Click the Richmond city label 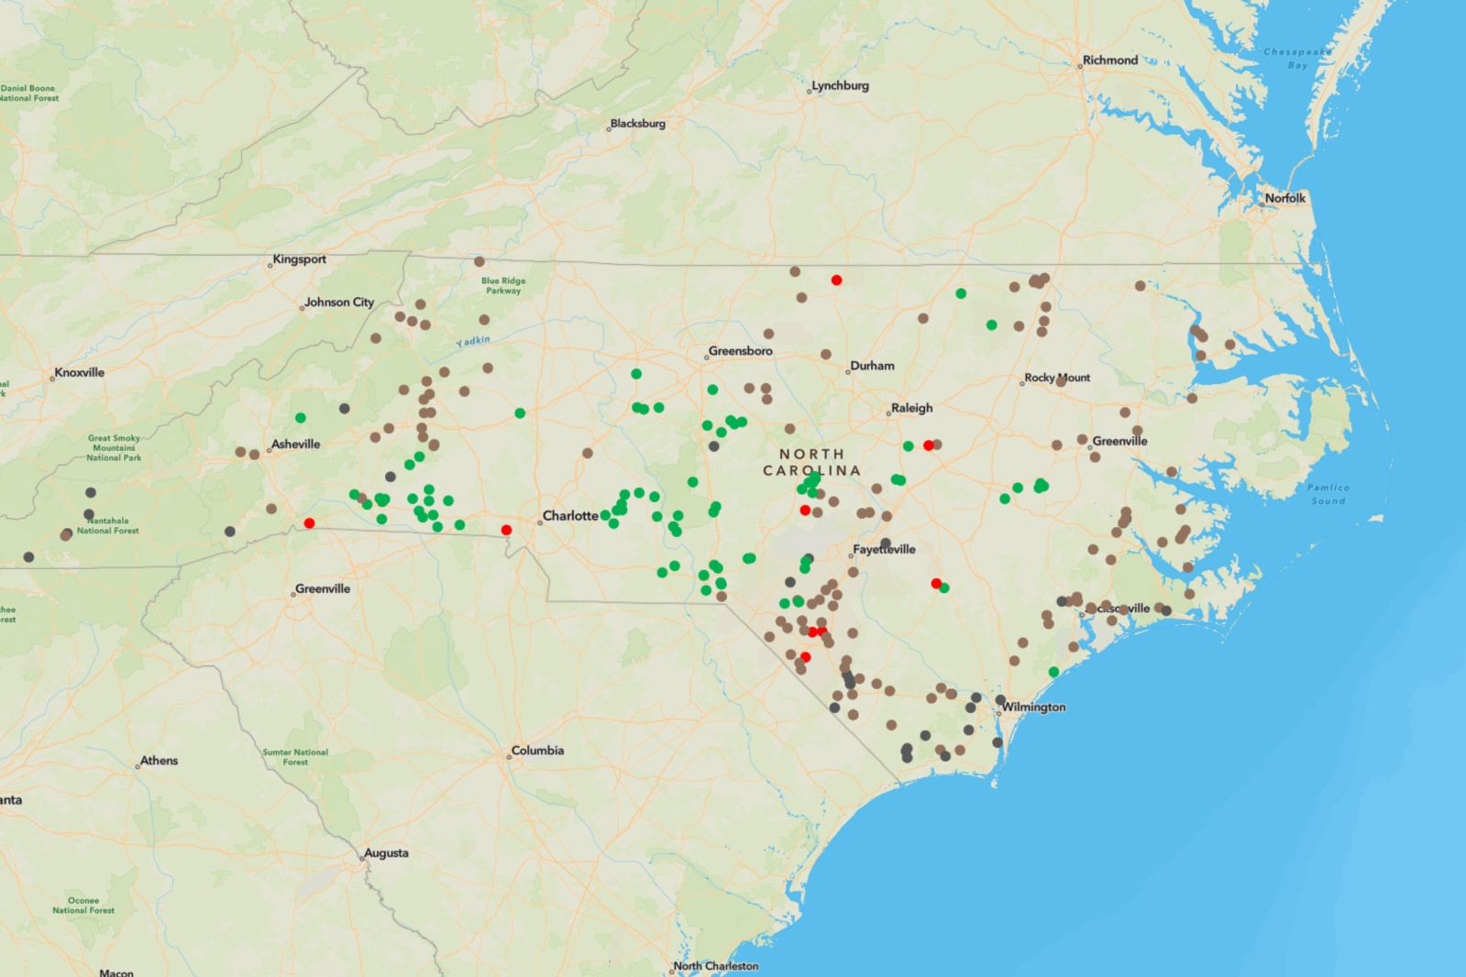coord(1109,60)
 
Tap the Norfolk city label coord(1284,198)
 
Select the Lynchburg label coord(840,85)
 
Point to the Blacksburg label coord(637,124)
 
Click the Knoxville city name coord(79,372)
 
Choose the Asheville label coord(295,445)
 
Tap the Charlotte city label coord(570,516)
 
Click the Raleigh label coord(911,408)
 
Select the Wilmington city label coord(1033,707)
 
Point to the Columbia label coord(537,751)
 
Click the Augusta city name coord(386,853)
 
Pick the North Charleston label coord(715,966)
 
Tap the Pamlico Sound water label coord(1328,494)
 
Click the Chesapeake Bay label coord(1297,59)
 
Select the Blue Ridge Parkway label coord(503,286)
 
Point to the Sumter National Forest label coord(295,757)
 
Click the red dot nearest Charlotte coord(506,530)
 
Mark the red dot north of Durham coord(836,280)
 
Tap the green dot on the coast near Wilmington coord(1053,672)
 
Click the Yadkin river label coord(474,341)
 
